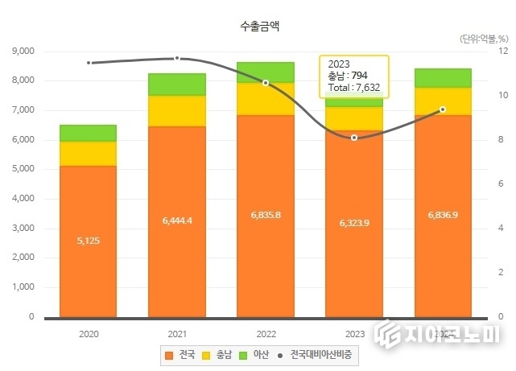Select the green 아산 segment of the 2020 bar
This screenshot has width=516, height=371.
89,133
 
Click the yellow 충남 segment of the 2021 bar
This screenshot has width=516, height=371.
176,111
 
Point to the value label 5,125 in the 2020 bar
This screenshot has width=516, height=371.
89,241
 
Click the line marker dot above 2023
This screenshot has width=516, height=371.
354,138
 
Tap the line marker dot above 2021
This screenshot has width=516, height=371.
177,58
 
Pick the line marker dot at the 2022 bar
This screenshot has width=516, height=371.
266,83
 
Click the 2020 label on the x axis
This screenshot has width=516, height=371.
89,332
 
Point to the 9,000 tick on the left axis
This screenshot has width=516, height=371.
24,51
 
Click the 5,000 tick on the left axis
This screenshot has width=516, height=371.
24,169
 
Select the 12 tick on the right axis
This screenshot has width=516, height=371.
503,51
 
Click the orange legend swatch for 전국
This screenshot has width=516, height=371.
168,354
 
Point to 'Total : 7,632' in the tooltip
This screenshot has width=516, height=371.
354,86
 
